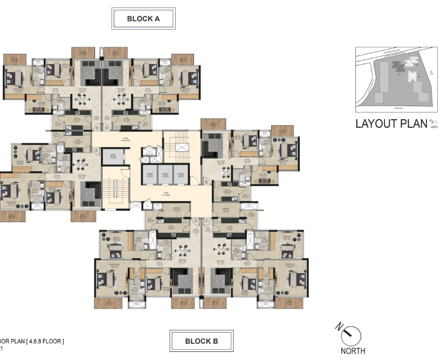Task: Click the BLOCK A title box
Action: pos(143,18)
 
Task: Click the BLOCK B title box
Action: pos(201,341)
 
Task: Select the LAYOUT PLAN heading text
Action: pos(390,123)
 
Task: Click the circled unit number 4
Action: pos(98,128)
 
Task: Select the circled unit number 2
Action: pos(195,221)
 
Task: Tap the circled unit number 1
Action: pos(208,221)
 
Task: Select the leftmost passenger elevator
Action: pos(149,175)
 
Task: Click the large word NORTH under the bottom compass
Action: pos(353,351)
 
